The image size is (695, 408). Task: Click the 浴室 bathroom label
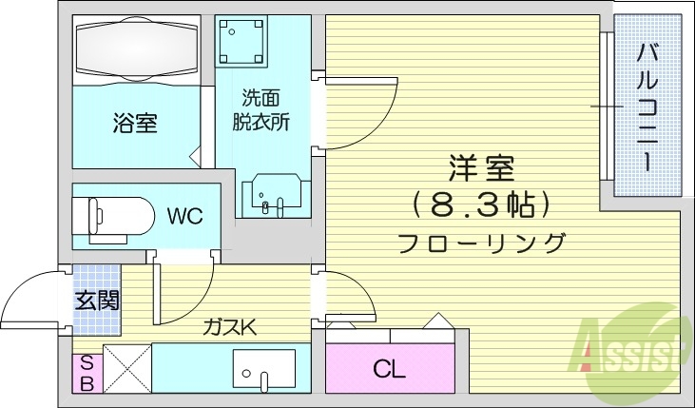click(x=135, y=123)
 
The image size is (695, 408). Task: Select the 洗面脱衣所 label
click(x=261, y=109)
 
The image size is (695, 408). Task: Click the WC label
click(x=185, y=216)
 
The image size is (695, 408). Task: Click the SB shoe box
click(x=86, y=373)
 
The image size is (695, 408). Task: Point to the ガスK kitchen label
click(x=228, y=327)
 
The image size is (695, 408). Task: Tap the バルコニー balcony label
click(x=648, y=105)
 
